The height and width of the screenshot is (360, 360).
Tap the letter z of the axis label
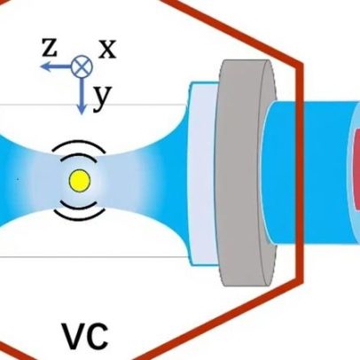(49, 48)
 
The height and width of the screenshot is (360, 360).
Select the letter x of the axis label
(107, 50)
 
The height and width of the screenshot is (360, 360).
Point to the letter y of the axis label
(102, 98)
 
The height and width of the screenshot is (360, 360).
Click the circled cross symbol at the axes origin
(82, 67)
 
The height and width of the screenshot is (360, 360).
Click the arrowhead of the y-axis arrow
(82, 109)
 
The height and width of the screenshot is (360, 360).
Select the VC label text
(84, 337)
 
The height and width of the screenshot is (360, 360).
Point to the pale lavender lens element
(202, 175)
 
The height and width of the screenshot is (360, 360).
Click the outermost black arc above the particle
(79, 143)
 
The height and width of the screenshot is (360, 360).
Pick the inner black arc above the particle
(79, 154)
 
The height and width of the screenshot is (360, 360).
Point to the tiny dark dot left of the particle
(18, 179)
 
